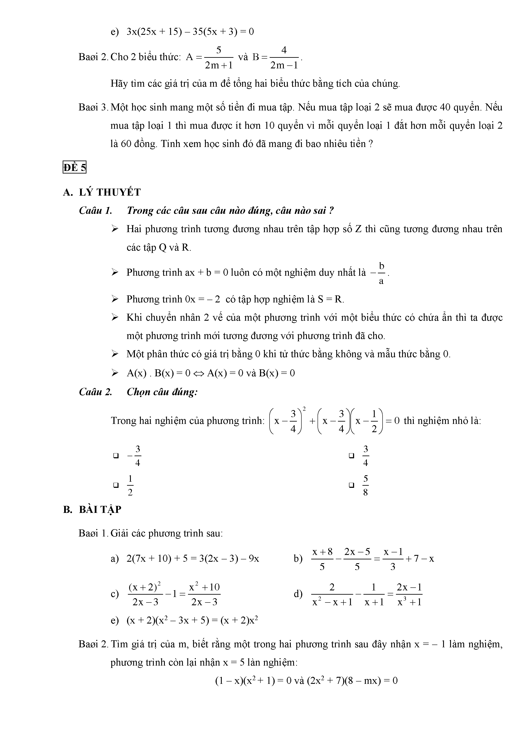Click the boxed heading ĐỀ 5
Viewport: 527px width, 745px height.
pyautogui.click(x=74, y=168)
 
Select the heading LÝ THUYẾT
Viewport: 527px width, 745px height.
pyautogui.click(x=110, y=192)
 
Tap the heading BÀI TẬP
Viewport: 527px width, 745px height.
pyautogui.click(x=100, y=509)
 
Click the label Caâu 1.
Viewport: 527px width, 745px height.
pyautogui.click(x=95, y=211)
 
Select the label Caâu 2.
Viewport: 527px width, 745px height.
pyautogui.click(x=95, y=392)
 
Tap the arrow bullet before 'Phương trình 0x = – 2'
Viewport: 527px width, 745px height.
pyautogui.click(x=115, y=299)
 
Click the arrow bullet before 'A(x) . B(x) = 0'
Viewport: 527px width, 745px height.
pyautogui.click(x=115, y=373)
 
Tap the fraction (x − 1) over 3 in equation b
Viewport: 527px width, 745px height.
pyautogui.click(x=393, y=559)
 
